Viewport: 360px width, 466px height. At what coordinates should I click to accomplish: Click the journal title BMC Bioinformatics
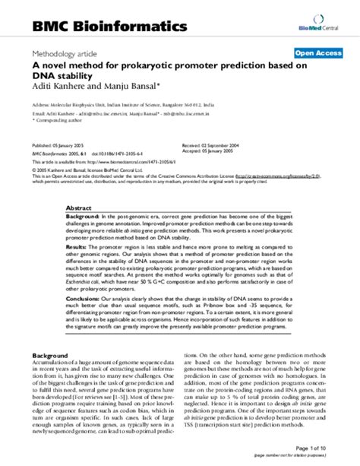(x=109, y=27)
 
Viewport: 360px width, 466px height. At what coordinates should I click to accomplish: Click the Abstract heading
(x=79, y=208)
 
